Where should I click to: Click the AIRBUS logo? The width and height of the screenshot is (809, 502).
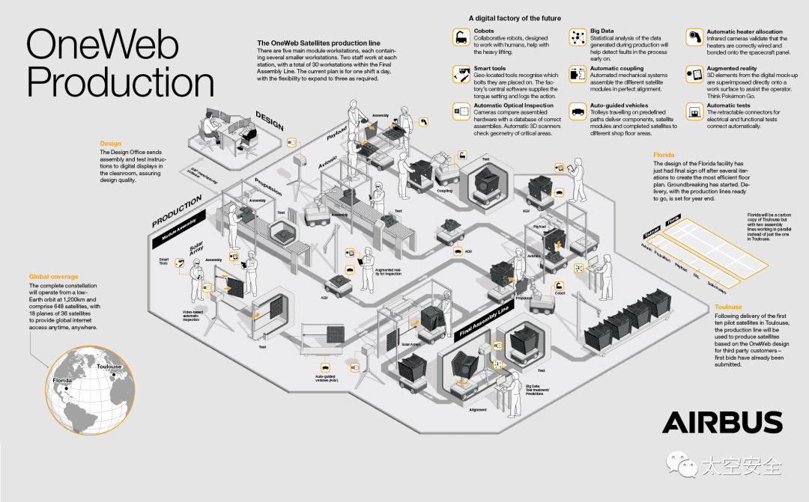click(x=722, y=423)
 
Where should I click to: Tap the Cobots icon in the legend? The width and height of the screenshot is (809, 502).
click(x=461, y=36)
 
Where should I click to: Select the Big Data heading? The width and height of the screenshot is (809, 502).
click(x=602, y=31)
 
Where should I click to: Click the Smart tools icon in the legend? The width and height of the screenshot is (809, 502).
click(x=461, y=73)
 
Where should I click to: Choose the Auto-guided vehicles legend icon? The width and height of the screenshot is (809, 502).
click(x=578, y=112)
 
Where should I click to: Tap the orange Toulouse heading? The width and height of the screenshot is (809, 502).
click(x=728, y=307)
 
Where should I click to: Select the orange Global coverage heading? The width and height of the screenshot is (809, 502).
click(x=54, y=277)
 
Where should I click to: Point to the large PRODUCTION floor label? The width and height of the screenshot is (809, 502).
click(x=178, y=210)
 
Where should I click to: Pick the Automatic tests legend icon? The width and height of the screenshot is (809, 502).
click(x=694, y=112)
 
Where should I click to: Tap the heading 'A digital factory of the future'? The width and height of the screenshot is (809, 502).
click(x=515, y=18)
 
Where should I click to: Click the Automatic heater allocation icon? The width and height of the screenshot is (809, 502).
click(x=694, y=36)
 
